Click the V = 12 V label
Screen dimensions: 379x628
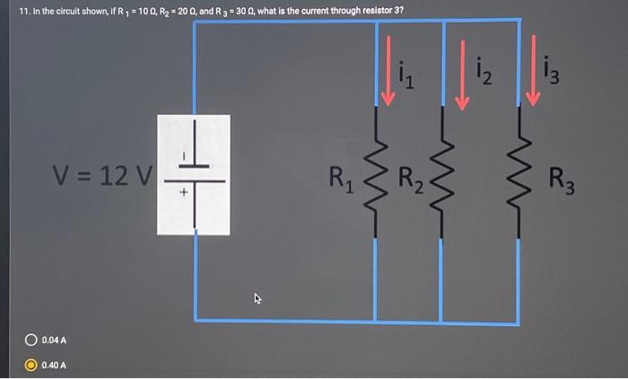click(x=103, y=175)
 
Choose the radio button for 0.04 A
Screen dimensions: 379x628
click(x=31, y=339)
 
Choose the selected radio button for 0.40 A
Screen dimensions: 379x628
click(x=31, y=365)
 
